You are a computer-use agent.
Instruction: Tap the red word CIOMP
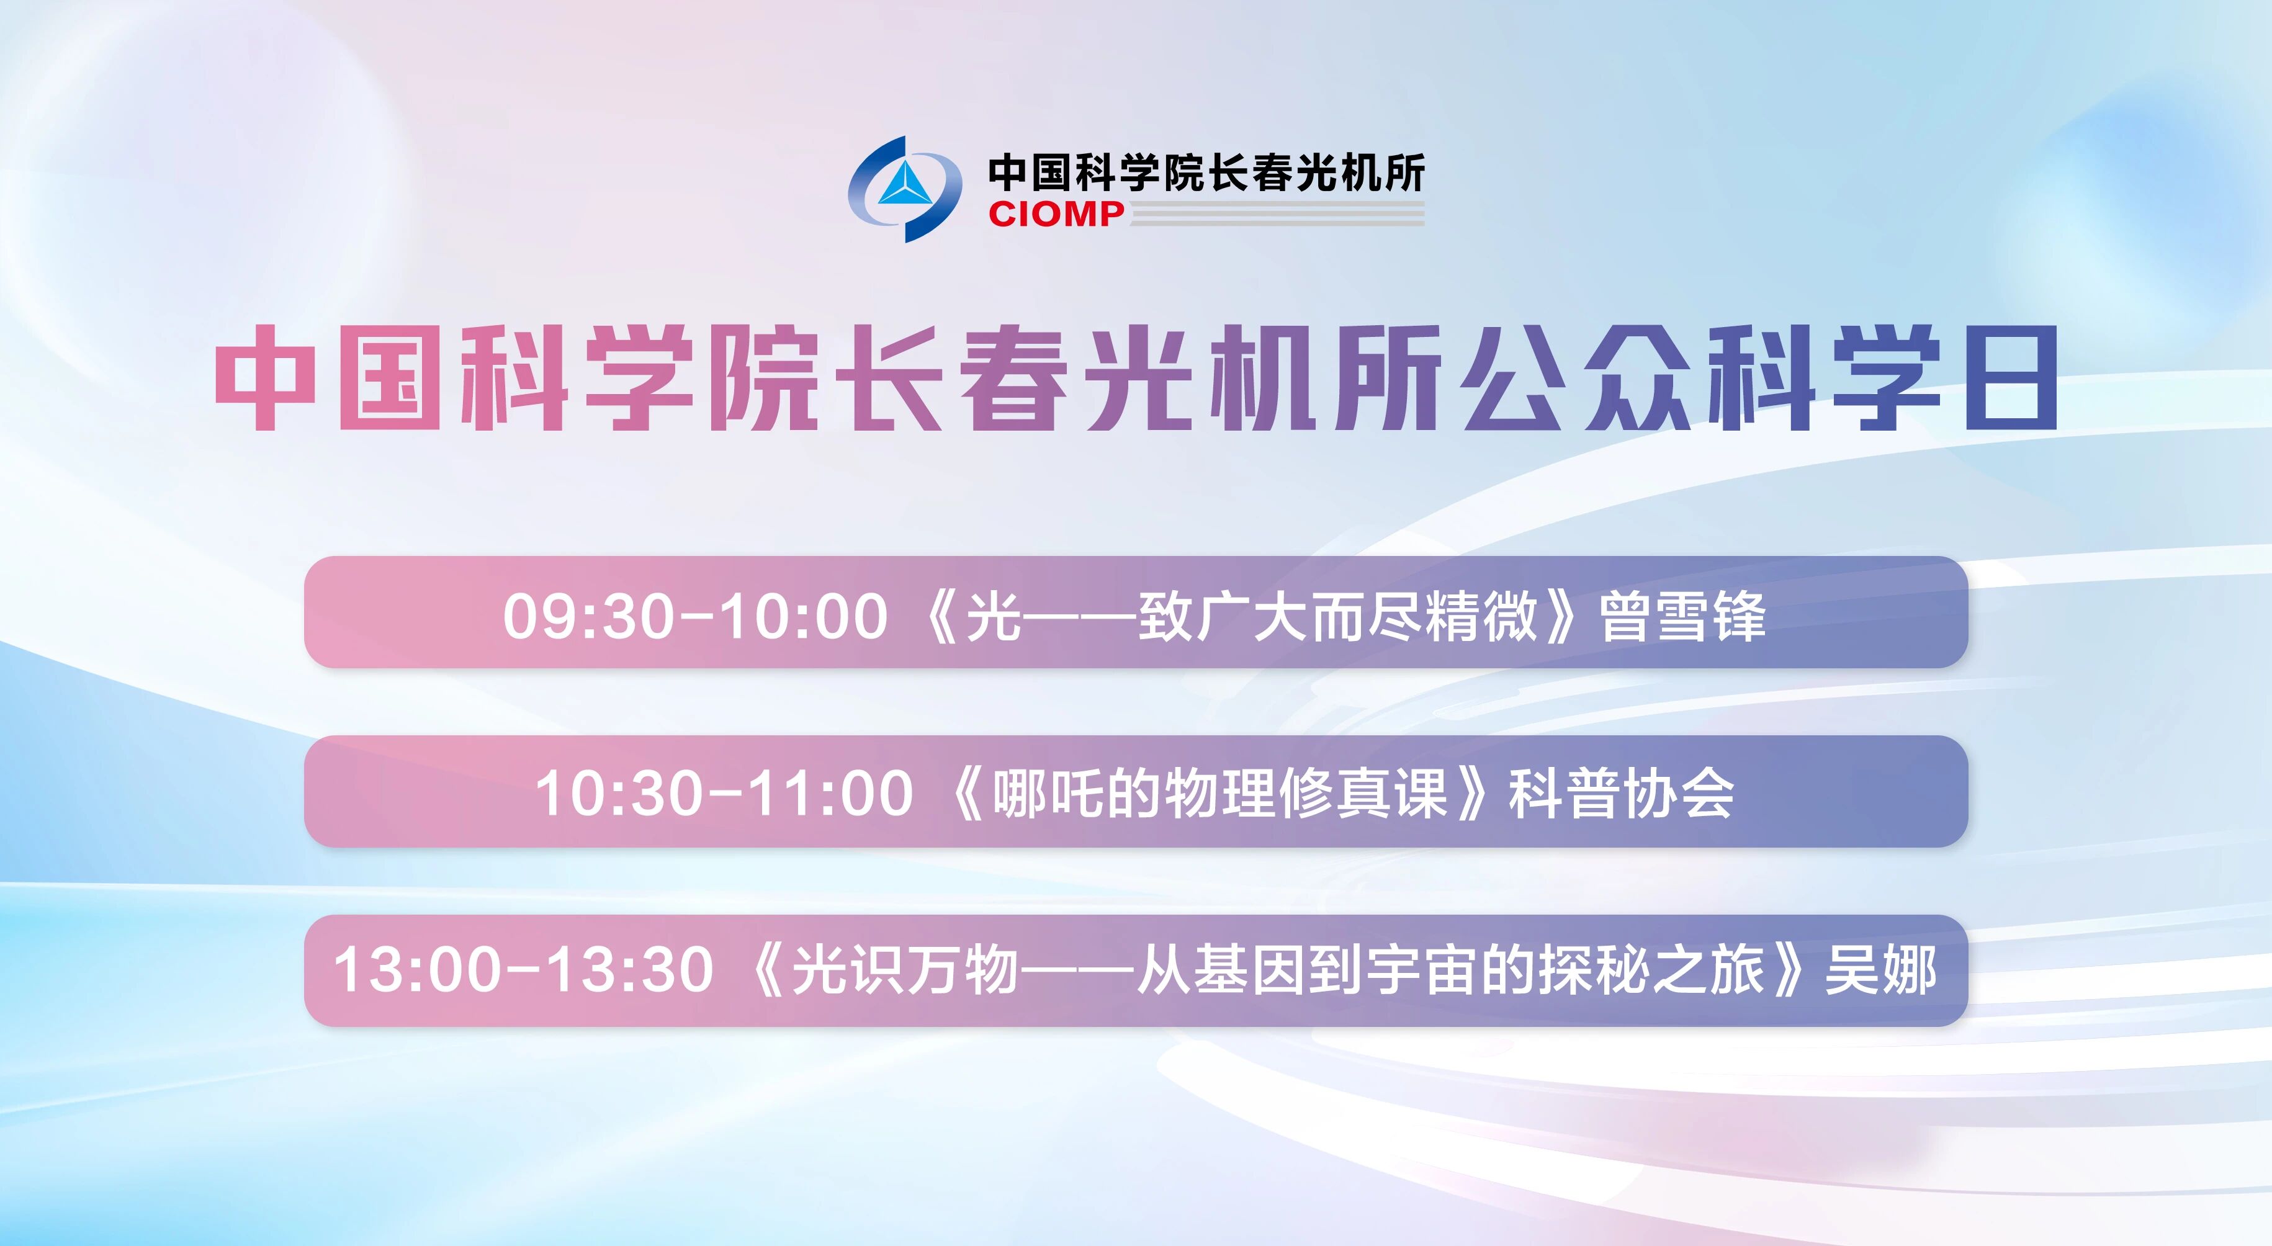pyautogui.click(x=1056, y=213)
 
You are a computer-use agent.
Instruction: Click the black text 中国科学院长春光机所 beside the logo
pyautogui.click(x=1206, y=172)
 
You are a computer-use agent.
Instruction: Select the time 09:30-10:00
pyautogui.click(x=695, y=616)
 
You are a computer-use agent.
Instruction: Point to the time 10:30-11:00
pyautogui.click(x=724, y=793)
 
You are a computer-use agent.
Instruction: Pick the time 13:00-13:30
pyautogui.click(x=523, y=970)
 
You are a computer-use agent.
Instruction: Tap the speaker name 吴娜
pyautogui.click(x=1880, y=970)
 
